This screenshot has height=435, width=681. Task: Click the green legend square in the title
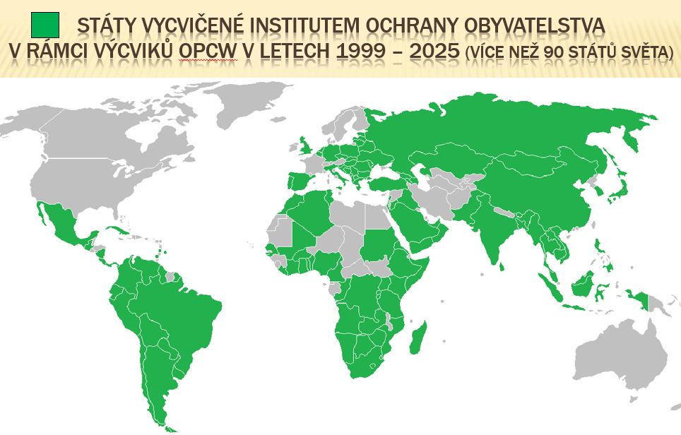click(x=45, y=25)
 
